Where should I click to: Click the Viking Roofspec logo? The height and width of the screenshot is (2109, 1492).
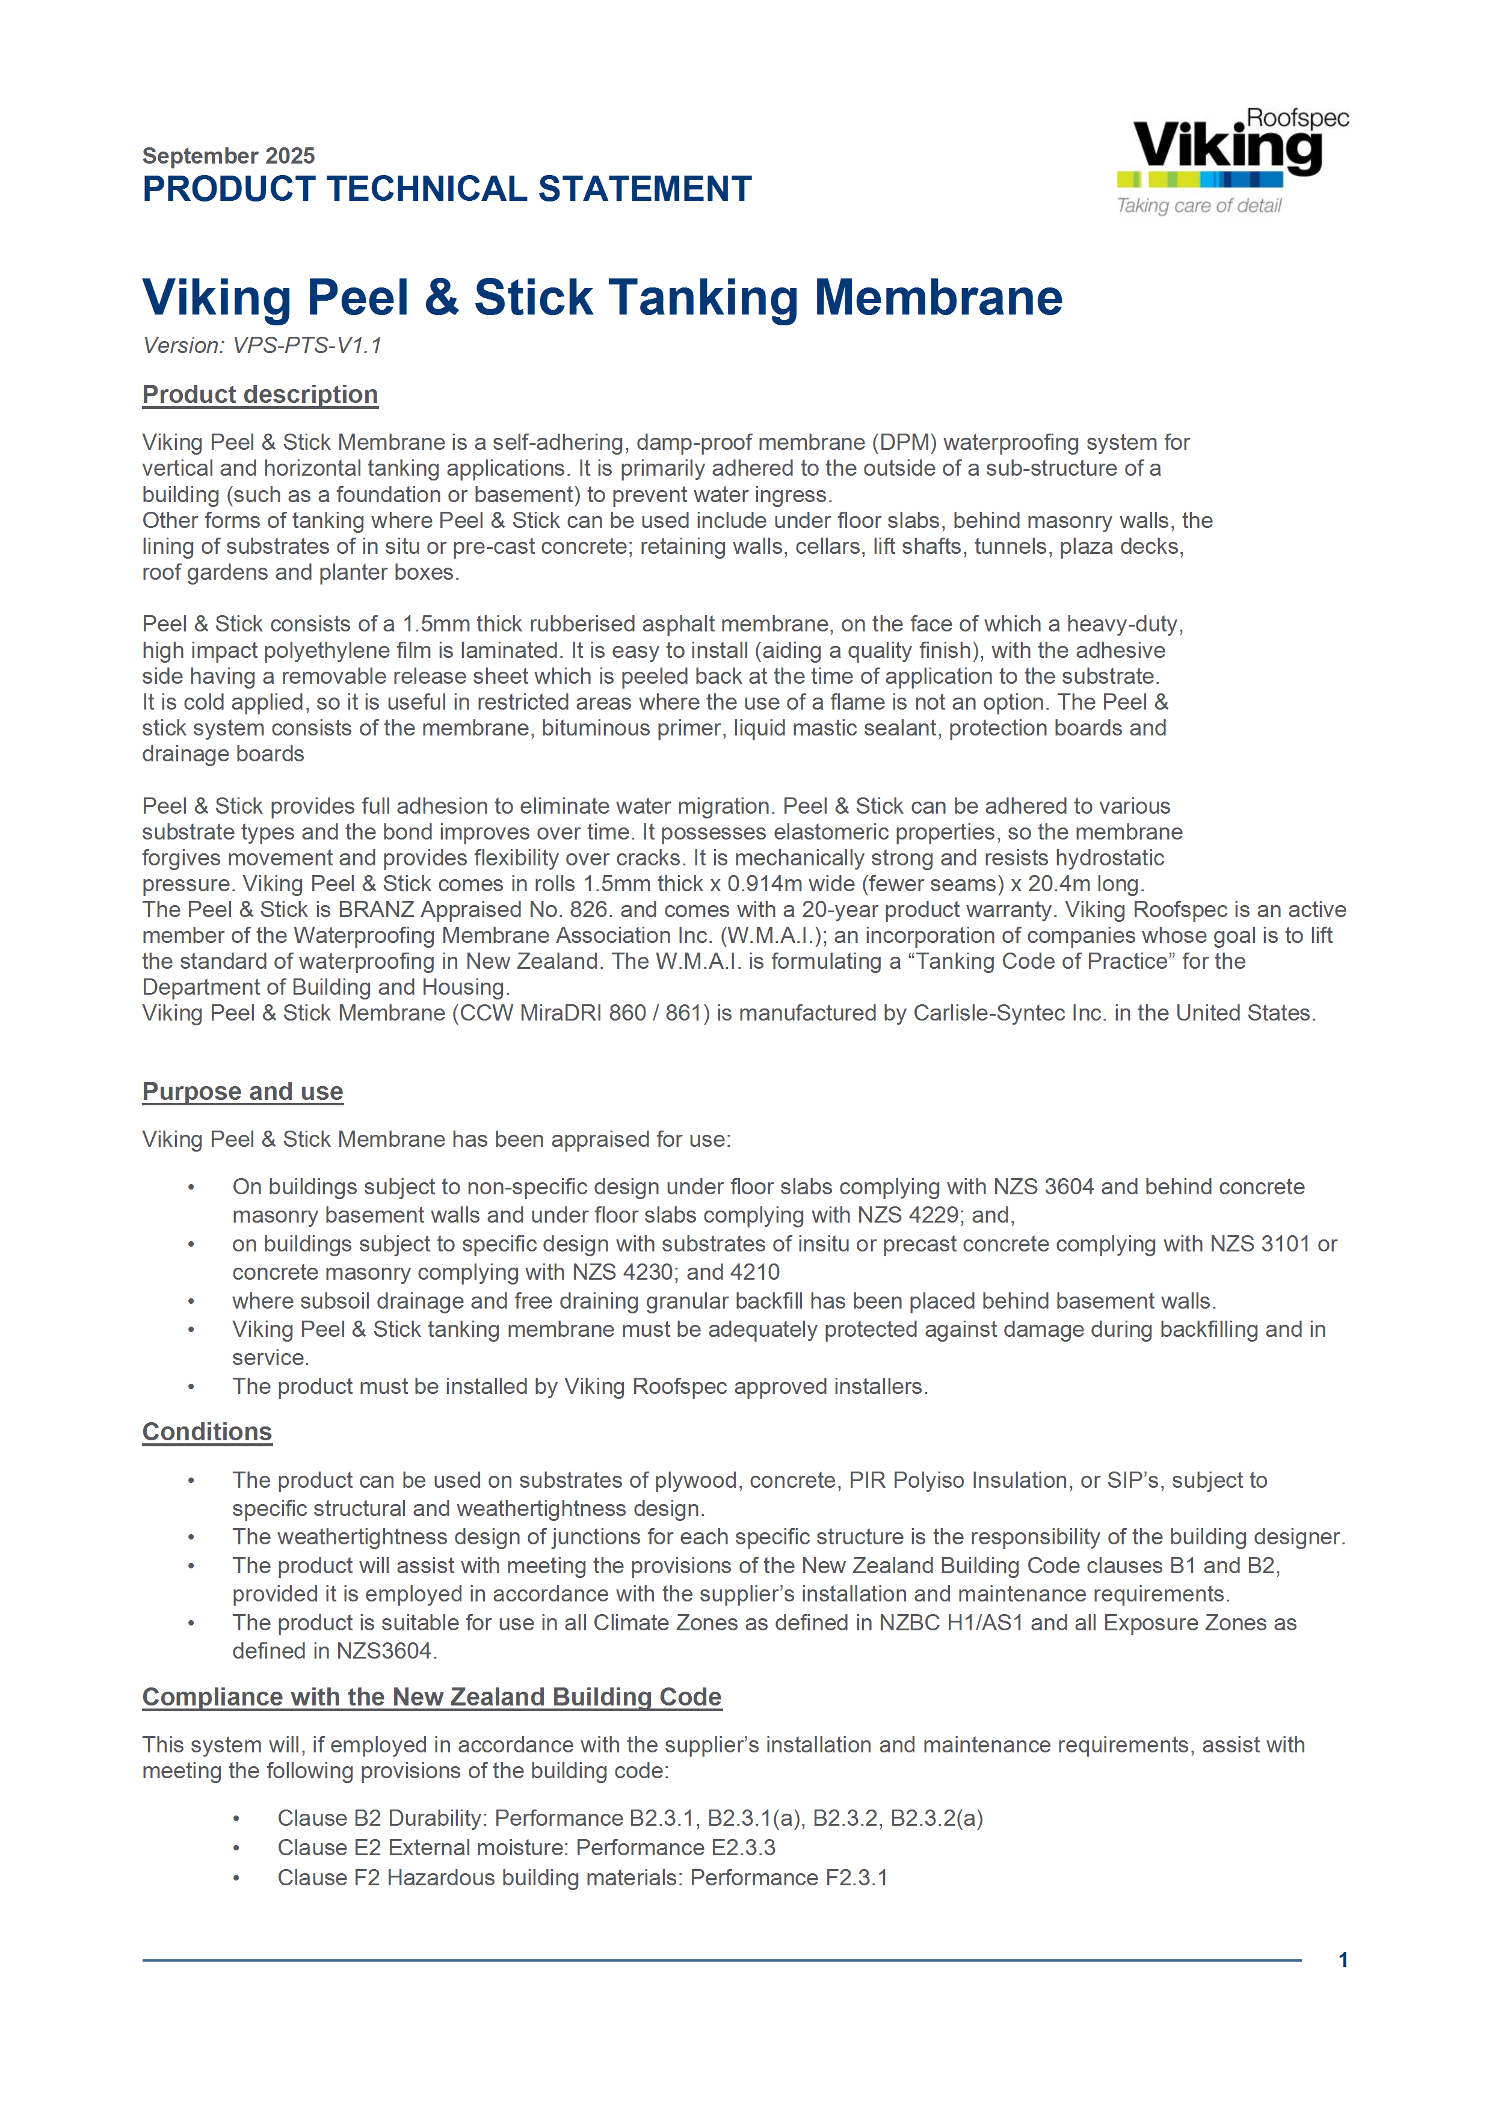pyautogui.click(x=1231, y=147)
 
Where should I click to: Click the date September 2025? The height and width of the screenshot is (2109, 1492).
pyautogui.click(x=228, y=155)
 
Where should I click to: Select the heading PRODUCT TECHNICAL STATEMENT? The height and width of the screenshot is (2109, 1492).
pyautogui.click(x=446, y=189)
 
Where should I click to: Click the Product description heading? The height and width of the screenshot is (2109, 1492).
pyautogui.click(x=260, y=395)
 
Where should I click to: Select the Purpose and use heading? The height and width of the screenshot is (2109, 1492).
pyautogui.click(x=242, y=1091)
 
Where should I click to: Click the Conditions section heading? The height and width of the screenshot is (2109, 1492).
pyautogui.click(x=207, y=1432)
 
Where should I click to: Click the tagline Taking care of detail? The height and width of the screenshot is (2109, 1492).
pyautogui.click(x=1198, y=206)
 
